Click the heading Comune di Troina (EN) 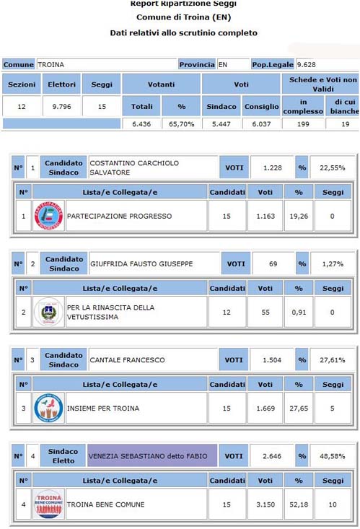(184, 18)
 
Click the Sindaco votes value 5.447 (221, 124)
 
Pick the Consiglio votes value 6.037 (260, 124)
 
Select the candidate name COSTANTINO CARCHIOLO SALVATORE (133, 167)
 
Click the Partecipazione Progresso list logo (49, 216)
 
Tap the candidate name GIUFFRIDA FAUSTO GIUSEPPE (141, 263)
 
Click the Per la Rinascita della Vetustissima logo (49, 312)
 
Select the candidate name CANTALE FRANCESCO (127, 359)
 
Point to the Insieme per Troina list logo (49, 408)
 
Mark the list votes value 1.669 (265, 408)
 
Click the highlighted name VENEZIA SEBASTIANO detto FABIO (152, 456)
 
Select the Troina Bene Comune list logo (49, 504)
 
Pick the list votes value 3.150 (265, 504)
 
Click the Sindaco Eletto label (62, 456)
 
